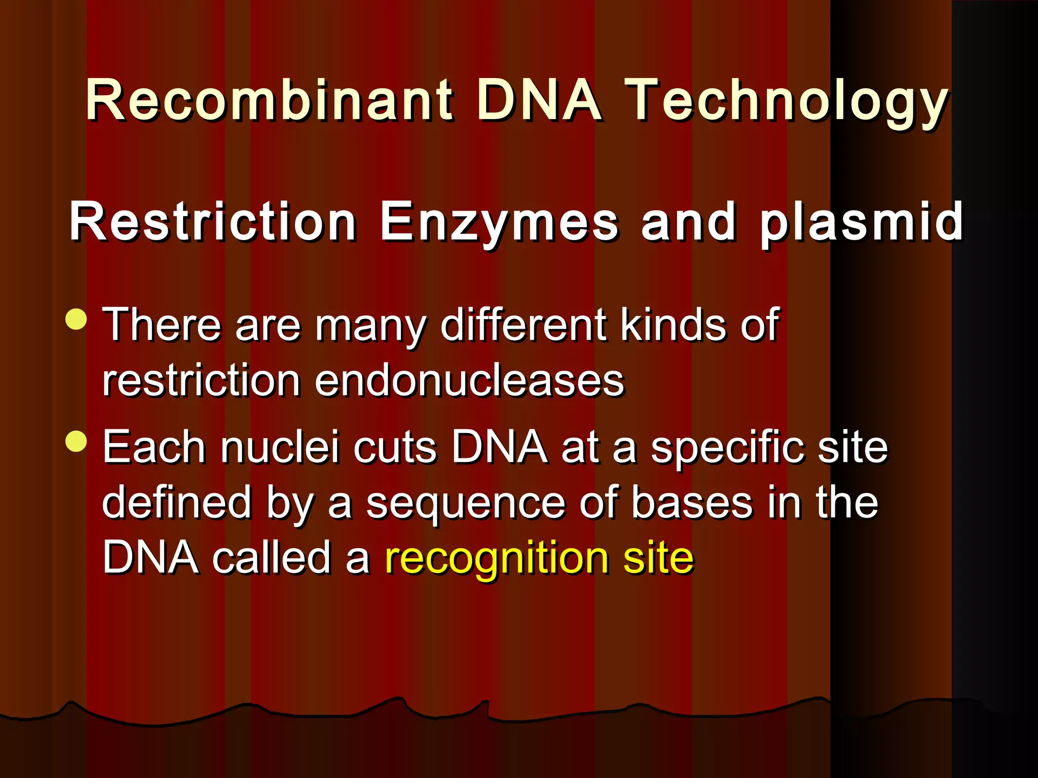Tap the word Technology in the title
787,101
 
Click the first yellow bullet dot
77,320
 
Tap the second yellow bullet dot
77,441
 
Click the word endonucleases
469,381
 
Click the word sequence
465,504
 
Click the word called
271,557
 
